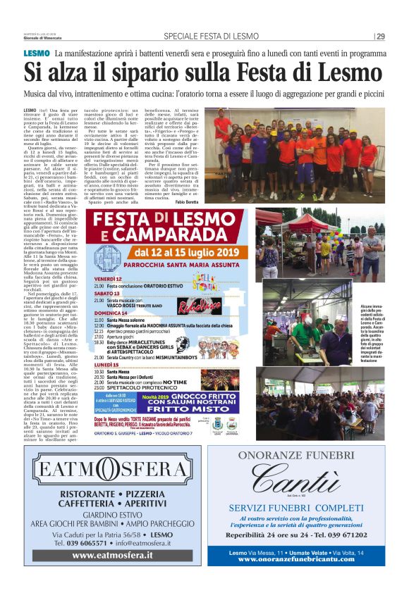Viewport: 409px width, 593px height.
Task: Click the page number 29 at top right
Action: (379, 37)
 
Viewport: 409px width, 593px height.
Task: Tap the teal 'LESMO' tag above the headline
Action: (36, 54)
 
